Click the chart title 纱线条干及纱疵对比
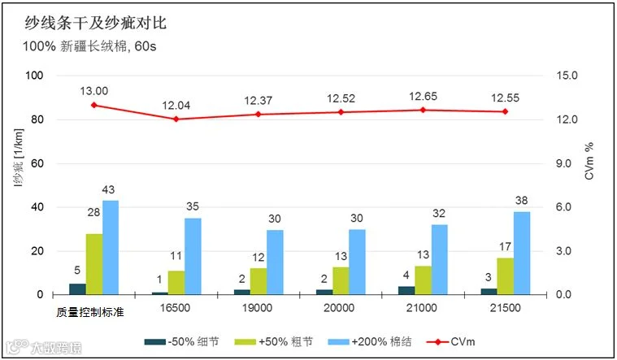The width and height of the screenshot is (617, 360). coord(96,23)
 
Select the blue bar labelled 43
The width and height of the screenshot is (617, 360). coord(111,248)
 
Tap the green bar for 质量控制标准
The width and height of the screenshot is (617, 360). coord(94,264)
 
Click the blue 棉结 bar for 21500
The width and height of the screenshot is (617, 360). coord(522,253)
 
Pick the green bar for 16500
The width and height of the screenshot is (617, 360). coord(176,283)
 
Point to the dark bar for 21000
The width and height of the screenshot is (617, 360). coord(406,290)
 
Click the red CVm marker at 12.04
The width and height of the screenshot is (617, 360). coord(176,119)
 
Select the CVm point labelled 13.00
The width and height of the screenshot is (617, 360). coord(93,105)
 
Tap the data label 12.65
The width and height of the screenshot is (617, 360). coord(423,97)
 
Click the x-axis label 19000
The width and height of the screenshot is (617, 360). coord(257,308)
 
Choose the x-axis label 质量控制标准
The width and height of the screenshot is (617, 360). coord(90,312)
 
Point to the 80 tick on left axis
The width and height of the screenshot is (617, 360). coord(37,119)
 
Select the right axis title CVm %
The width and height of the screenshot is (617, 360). coord(589,161)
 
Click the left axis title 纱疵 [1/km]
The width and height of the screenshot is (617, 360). coord(19,158)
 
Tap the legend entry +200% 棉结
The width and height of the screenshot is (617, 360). coord(370,341)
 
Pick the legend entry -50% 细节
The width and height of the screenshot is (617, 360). coord(181,341)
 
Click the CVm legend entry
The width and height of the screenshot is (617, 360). coord(451,341)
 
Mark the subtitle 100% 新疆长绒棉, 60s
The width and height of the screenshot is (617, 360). coord(89,46)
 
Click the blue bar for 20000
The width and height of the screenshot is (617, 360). coord(357,262)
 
